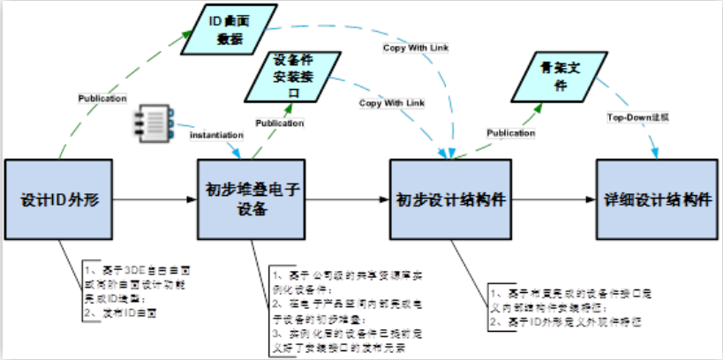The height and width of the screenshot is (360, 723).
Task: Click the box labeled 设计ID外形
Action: coord(58,199)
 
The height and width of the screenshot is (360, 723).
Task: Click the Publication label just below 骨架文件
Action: coord(511,133)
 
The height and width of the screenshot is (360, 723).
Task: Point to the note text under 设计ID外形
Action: coord(123,284)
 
